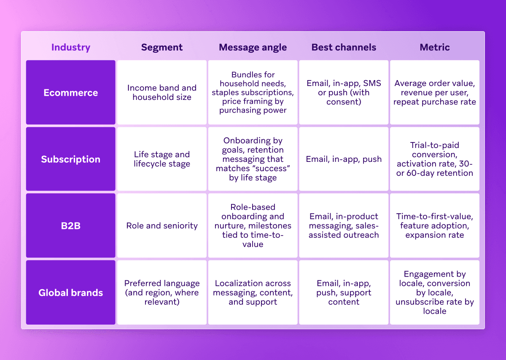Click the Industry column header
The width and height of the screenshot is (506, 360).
[70, 47]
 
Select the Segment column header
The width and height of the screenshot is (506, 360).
[162, 47]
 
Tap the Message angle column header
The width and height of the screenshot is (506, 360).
[253, 47]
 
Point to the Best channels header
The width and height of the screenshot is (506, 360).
[344, 47]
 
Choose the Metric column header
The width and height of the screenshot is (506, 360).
[435, 47]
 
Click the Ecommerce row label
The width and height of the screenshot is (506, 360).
[70, 93]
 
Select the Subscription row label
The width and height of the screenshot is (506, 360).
[70, 159]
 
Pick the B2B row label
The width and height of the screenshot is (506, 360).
[70, 226]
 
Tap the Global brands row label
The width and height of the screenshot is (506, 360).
[70, 293]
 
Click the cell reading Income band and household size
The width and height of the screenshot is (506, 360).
[162, 93]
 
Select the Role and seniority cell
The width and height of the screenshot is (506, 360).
[162, 226]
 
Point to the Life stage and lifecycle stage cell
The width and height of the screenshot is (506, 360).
[162, 159]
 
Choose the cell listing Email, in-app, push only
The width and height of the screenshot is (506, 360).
[344, 159]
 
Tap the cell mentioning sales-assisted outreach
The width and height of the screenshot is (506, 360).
[344, 226]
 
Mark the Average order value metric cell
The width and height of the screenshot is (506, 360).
[435, 93]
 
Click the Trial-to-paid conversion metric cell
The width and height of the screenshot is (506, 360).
[435, 159]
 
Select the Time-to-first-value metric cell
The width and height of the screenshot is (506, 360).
[435, 226]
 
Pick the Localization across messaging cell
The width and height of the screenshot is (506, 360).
[253, 293]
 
